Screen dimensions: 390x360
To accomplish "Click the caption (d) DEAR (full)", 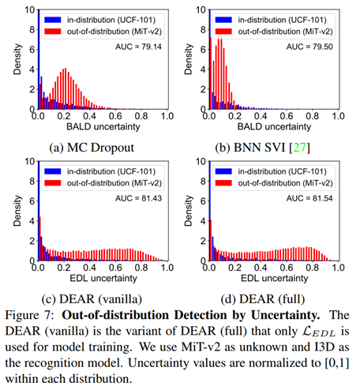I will pos(269,298).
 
